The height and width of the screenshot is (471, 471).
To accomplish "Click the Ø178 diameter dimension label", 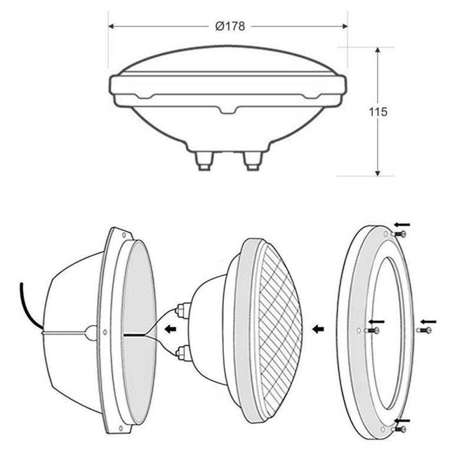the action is (230, 26).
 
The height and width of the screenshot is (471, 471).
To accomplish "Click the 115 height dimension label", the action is (378, 112).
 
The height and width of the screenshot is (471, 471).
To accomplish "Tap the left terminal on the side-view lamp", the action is (204, 161).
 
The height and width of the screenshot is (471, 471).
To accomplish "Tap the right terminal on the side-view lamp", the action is (253, 161).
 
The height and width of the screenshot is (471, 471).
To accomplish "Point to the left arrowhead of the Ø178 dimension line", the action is (111, 26).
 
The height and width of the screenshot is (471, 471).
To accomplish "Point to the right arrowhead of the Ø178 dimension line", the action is (344, 26).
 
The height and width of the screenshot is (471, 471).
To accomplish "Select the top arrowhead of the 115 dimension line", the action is (378, 50).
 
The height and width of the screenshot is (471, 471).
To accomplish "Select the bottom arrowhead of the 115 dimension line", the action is (378, 173).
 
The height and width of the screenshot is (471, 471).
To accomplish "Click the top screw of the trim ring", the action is (399, 233).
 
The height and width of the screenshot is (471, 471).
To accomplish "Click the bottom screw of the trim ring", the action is (399, 429).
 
